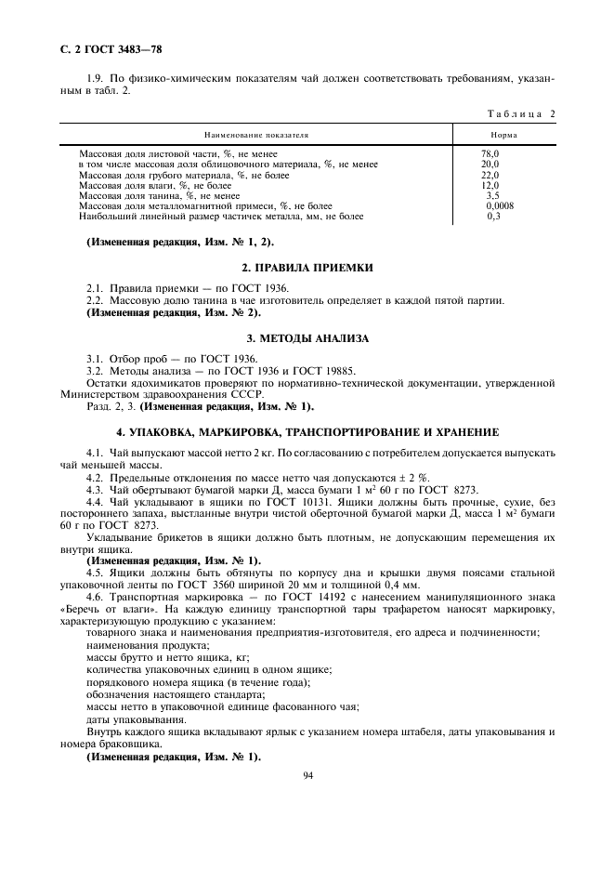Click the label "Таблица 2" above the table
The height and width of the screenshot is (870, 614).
[519, 114]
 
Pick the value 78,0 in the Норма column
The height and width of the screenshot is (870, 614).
[490, 153]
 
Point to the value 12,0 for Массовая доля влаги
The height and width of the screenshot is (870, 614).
[490, 185]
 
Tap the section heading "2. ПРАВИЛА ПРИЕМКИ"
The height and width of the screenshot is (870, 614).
[307, 268]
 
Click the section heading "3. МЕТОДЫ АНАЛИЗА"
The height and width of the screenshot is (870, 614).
[307, 337]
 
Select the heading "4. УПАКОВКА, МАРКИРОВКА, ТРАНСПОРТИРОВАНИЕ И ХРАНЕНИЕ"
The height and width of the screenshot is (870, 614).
[307, 432]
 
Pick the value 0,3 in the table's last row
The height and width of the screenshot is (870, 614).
[493, 216]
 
